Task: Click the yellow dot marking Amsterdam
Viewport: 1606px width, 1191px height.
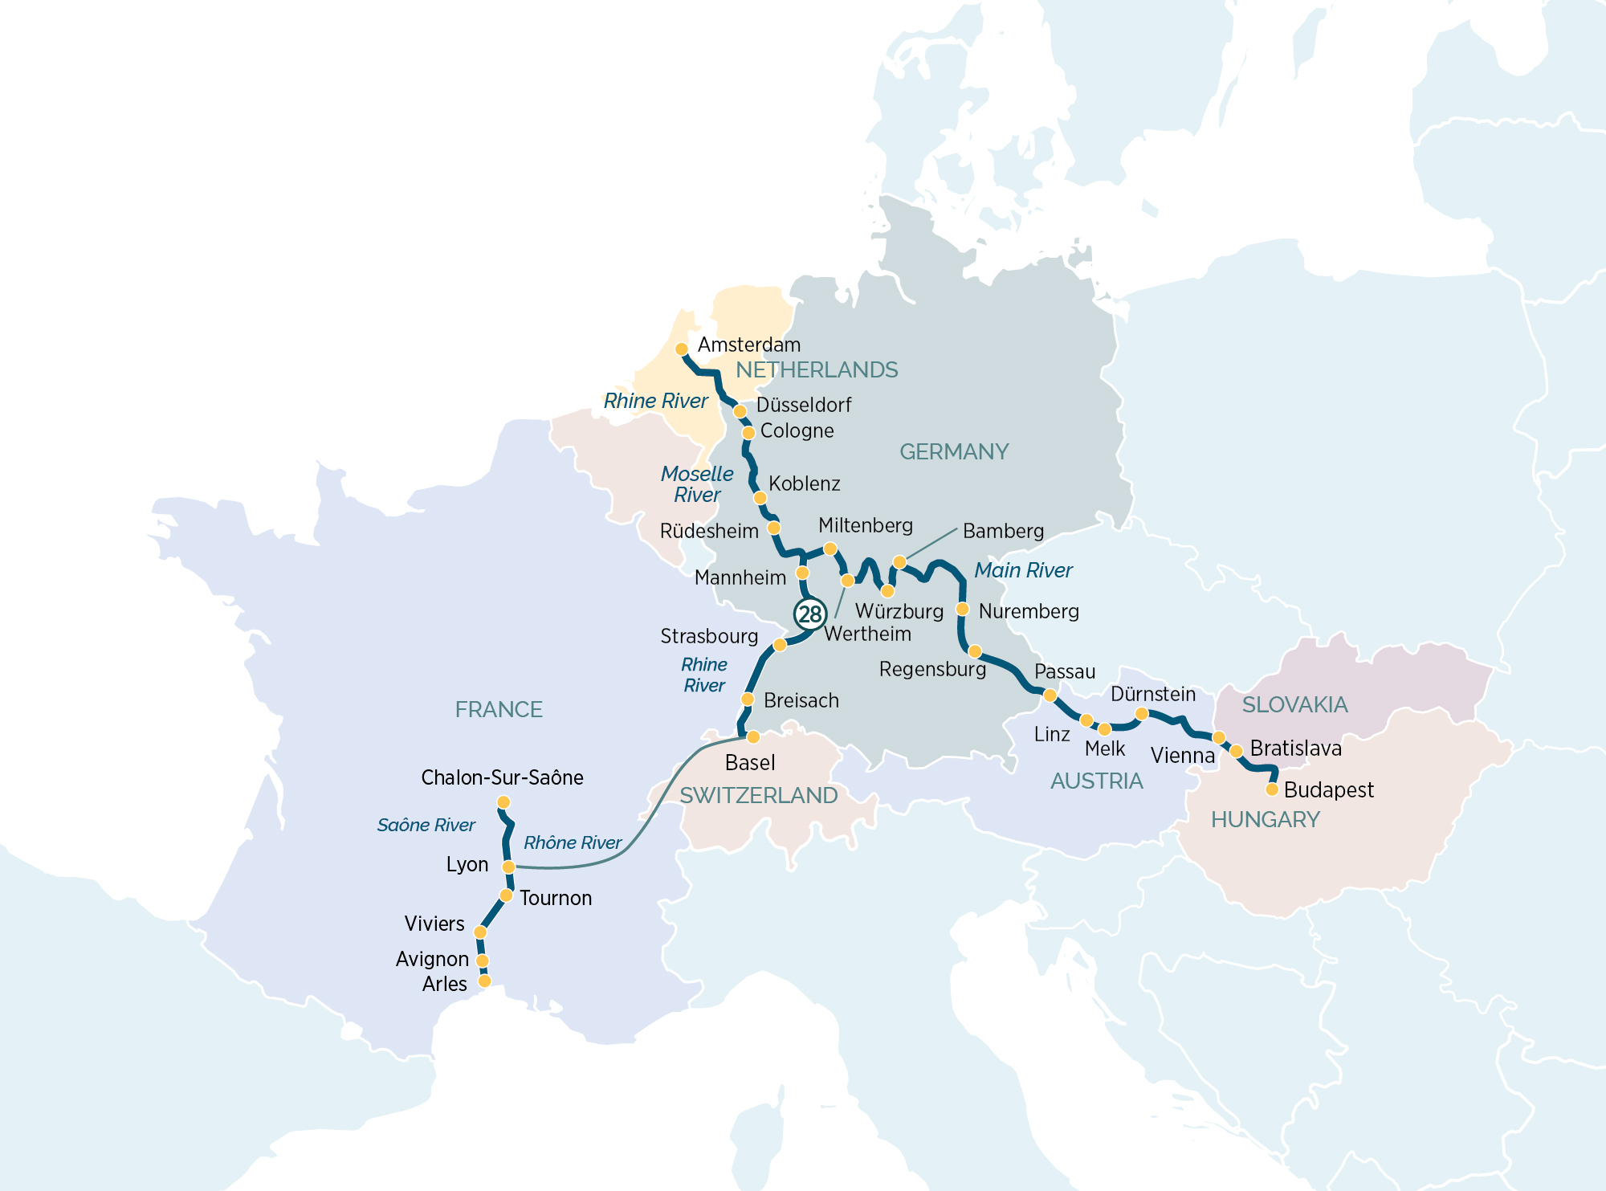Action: tap(681, 349)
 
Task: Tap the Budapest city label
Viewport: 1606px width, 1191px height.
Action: tap(1328, 790)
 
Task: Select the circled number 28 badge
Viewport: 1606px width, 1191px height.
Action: tap(809, 614)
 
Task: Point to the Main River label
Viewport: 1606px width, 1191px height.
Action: tap(1023, 570)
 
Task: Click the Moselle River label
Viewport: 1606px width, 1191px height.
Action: tap(696, 484)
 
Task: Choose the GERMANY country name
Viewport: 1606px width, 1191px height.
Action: tap(954, 451)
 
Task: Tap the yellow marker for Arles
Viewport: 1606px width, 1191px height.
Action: tap(484, 981)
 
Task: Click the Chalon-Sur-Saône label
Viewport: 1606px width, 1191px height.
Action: tap(502, 777)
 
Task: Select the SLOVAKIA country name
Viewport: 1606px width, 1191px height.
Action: tap(1294, 704)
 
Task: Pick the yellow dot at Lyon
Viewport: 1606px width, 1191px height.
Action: tap(508, 867)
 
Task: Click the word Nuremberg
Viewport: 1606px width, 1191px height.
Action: tap(1028, 611)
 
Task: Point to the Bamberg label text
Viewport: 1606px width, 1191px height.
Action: tap(1003, 531)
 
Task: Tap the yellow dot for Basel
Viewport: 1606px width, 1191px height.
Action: tap(753, 736)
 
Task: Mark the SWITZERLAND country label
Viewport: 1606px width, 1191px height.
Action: tap(758, 795)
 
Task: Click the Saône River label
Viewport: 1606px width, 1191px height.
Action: tap(426, 825)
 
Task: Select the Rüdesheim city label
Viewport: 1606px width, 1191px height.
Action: tap(709, 531)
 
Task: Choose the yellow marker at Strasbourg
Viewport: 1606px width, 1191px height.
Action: tap(779, 645)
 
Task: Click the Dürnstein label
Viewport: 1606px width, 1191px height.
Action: tap(1153, 694)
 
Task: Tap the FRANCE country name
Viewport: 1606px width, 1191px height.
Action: tap(499, 709)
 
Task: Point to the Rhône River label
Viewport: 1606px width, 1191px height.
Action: tap(573, 842)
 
